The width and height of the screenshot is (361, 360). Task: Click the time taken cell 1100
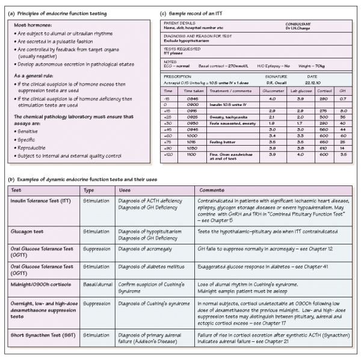tap(191, 155)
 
